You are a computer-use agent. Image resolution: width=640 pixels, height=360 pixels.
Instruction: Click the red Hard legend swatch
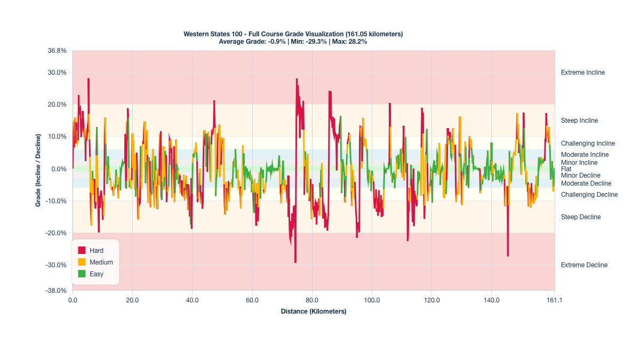(x=82, y=250)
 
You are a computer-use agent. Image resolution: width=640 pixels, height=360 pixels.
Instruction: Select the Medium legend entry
(x=101, y=262)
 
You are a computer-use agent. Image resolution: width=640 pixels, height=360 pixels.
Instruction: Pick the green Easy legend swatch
(x=82, y=274)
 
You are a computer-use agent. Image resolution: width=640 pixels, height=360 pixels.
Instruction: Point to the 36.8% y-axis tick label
(x=57, y=51)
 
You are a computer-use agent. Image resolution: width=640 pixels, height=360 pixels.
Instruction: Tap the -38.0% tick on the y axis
(x=57, y=291)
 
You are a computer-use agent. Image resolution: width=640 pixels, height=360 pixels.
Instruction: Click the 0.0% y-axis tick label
(x=59, y=169)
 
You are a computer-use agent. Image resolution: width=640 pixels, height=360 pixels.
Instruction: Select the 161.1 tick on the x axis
(x=555, y=300)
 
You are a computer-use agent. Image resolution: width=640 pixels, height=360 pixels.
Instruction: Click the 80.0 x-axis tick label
(x=312, y=300)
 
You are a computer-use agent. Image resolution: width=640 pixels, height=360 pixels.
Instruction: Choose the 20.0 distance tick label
(x=132, y=300)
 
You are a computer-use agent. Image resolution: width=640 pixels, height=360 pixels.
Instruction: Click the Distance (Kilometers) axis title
(x=314, y=311)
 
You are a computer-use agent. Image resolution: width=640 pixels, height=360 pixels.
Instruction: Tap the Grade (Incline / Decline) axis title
(x=39, y=171)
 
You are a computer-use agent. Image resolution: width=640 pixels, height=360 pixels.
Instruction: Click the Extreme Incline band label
(x=583, y=73)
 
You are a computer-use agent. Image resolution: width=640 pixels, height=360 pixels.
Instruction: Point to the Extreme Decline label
(x=584, y=265)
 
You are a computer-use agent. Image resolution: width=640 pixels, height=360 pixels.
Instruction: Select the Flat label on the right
(x=566, y=169)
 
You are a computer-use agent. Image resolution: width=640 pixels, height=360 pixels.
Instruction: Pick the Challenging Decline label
(x=589, y=195)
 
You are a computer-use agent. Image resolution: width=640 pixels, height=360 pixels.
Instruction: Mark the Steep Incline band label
(x=580, y=121)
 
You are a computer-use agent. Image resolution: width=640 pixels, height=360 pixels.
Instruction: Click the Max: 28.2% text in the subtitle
(x=349, y=42)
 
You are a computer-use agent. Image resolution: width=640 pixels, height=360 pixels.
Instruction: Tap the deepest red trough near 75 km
(x=295, y=262)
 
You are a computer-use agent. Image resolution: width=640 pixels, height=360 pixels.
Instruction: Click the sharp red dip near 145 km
(x=508, y=255)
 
